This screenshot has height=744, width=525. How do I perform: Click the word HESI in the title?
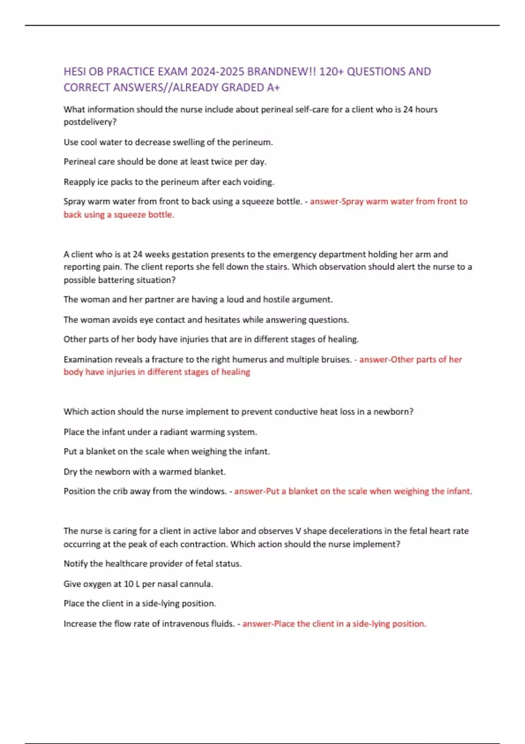pyautogui.click(x=75, y=71)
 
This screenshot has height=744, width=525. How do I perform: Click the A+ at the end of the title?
pyautogui.click(x=273, y=88)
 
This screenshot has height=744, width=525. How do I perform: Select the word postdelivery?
pyautogui.click(x=90, y=122)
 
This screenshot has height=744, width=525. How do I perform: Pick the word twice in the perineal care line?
pyautogui.click(x=221, y=161)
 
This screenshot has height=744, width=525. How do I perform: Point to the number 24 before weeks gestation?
pyautogui.click(x=137, y=254)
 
